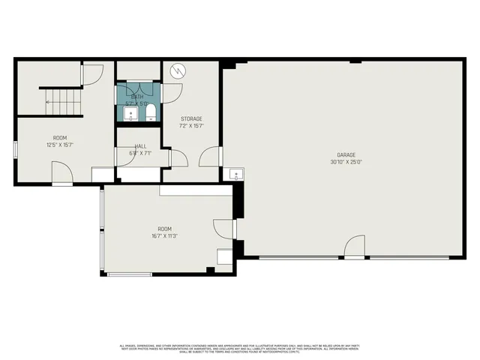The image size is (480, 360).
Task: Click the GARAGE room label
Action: [x=346, y=154]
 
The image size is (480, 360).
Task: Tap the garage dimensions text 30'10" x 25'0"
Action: [x=346, y=162]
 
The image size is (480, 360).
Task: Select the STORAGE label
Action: [x=191, y=118]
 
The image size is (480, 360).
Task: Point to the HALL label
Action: [x=140, y=146]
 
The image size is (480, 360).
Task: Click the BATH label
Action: [x=137, y=97]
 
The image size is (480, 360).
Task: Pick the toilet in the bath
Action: [x=151, y=112]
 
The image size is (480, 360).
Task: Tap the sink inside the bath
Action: [x=131, y=114]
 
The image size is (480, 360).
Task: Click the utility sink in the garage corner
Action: [x=235, y=175]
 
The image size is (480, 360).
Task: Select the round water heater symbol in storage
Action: [x=178, y=71]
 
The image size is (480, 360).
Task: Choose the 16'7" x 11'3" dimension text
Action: [x=164, y=235]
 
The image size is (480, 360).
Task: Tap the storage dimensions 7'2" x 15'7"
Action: [x=191, y=126]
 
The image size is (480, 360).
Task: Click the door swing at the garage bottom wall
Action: [x=354, y=248]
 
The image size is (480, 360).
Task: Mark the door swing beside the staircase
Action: [x=91, y=74]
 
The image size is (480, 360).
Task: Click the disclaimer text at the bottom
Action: [x=240, y=347]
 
